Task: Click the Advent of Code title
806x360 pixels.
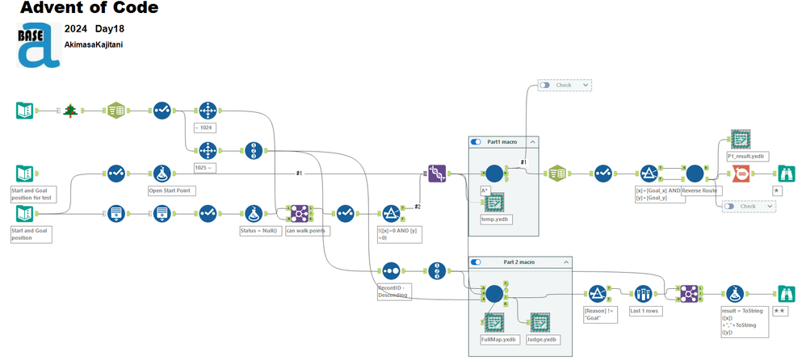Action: tap(89, 9)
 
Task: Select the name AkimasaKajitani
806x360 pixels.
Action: tap(94, 46)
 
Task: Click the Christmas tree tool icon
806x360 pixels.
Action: tap(71, 111)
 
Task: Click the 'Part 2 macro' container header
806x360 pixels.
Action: tap(519, 262)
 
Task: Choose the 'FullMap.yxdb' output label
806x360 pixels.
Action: tap(497, 340)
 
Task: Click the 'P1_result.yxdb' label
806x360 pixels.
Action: tap(746, 155)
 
